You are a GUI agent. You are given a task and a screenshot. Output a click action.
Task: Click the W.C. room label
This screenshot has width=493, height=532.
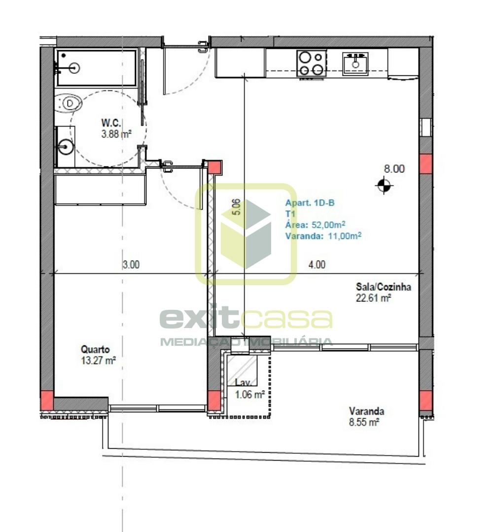click(x=111, y=123)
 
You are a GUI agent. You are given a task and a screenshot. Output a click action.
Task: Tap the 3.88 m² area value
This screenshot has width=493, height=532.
click(x=116, y=134)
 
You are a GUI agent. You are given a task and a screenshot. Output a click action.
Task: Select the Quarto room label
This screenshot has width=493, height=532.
click(x=96, y=349)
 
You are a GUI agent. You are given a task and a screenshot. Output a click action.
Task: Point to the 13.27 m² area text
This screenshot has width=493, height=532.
click(x=99, y=360)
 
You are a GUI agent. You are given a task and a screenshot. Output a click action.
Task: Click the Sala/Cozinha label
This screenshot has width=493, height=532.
click(x=384, y=287)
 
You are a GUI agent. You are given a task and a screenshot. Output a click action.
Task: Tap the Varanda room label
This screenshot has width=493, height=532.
click(x=367, y=411)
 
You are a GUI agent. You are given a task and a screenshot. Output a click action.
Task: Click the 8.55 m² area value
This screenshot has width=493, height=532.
click(x=364, y=423)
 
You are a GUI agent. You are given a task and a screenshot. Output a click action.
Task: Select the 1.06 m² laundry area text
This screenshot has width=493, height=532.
click(x=250, y=394)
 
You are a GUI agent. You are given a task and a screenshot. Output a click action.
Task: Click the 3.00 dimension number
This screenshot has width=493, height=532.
click(x=131, y=265)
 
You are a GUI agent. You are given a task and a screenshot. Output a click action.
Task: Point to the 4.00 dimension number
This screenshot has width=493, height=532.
click(x=317, y=265)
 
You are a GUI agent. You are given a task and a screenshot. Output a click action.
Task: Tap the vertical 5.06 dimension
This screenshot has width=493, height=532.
click(x=237, y=206)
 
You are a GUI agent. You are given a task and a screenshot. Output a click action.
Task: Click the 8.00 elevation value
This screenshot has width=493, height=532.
click(x=394, y=168)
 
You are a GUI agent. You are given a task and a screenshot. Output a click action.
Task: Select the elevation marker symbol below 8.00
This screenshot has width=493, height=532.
click(x=384, y=185)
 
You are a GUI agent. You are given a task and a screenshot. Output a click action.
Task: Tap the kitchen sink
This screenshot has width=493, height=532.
click(x=355, y=64)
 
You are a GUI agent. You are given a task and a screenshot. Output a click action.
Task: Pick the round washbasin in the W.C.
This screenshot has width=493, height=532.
click(x=65, y=147)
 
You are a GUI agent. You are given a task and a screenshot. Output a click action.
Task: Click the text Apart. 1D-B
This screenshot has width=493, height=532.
click(x=310, y=203)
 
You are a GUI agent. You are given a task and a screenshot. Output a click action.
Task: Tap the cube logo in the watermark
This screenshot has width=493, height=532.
click(x=246, y=234)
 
